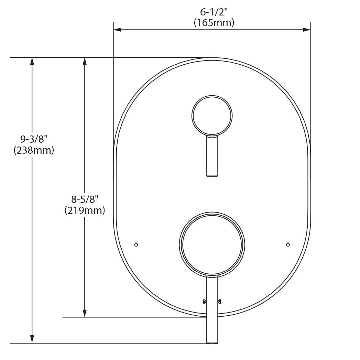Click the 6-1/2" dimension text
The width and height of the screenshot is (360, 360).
coord(214,12)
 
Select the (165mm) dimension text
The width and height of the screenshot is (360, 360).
coord(214,23)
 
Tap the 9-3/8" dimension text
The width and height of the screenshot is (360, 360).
coord(34,139)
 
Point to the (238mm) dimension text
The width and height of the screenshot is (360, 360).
coord(34,150)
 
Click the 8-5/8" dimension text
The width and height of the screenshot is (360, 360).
coord(85,199)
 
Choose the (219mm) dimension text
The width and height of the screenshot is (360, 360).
coord(85,210)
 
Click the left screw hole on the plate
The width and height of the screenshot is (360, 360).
coord(136,244)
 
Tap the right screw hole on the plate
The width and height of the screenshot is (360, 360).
coord(288,244)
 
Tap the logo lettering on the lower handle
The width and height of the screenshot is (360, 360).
coord(212,302)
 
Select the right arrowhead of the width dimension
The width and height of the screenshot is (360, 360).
coord(307,30)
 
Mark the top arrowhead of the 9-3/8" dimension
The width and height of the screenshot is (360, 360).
coord(32,61)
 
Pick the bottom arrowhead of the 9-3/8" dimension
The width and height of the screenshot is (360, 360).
coord(32,339)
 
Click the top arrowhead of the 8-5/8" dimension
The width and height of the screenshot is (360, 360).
coord(85,61)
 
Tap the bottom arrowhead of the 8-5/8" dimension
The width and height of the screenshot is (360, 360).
coord(85,313)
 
